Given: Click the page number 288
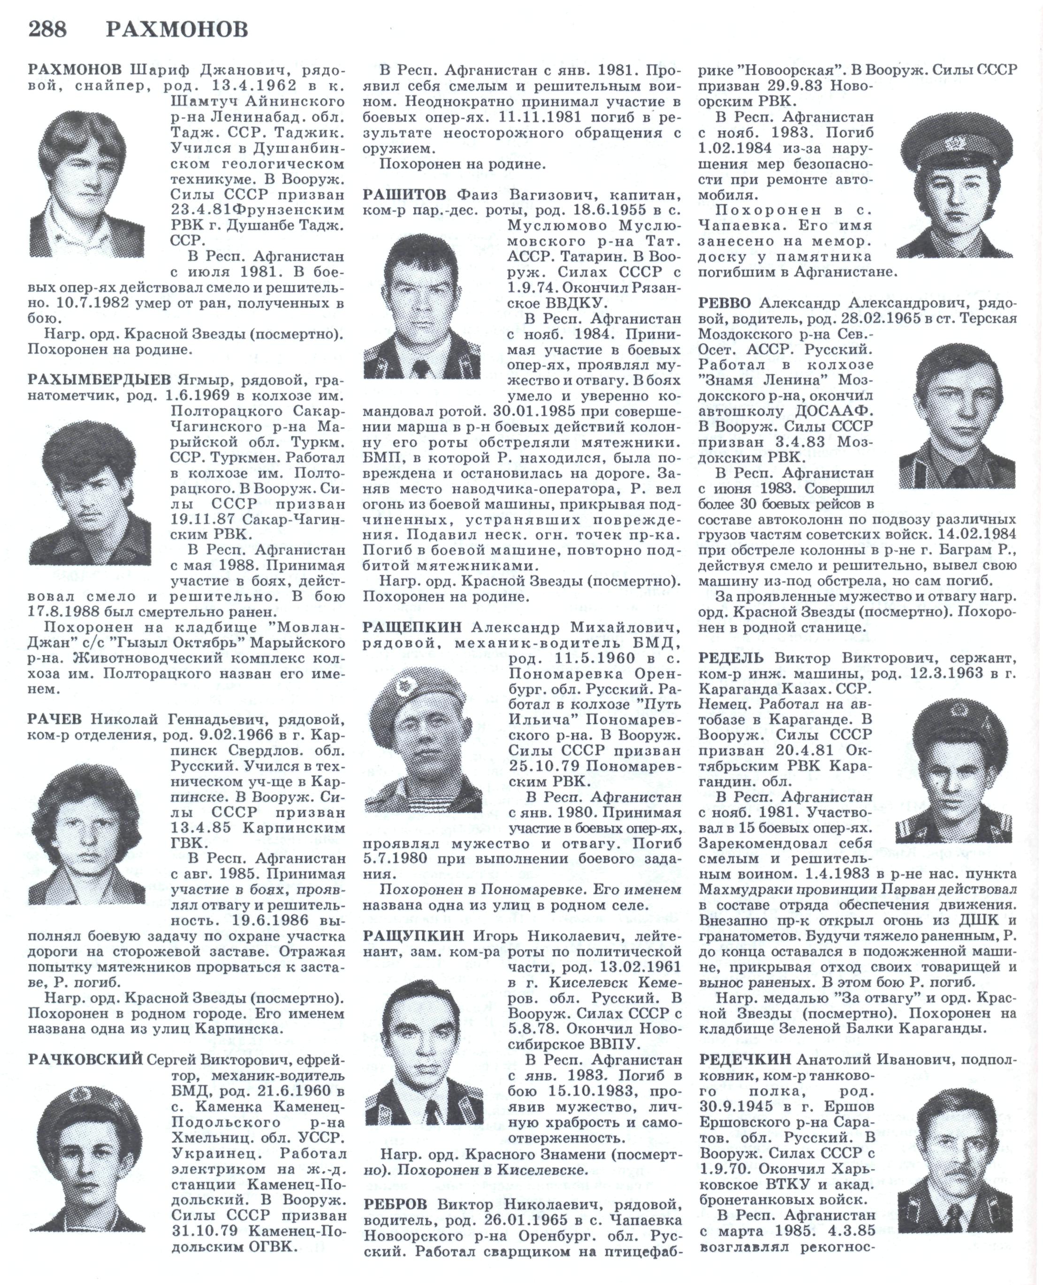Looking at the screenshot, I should [x=47, y=30].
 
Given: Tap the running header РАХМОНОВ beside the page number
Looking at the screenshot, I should [x=177, y=30].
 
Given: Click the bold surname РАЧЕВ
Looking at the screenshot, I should [x=58, y=719].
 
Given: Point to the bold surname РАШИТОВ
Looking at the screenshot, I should [x=404, y=195].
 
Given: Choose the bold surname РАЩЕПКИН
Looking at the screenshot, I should [x=412, y=627].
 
